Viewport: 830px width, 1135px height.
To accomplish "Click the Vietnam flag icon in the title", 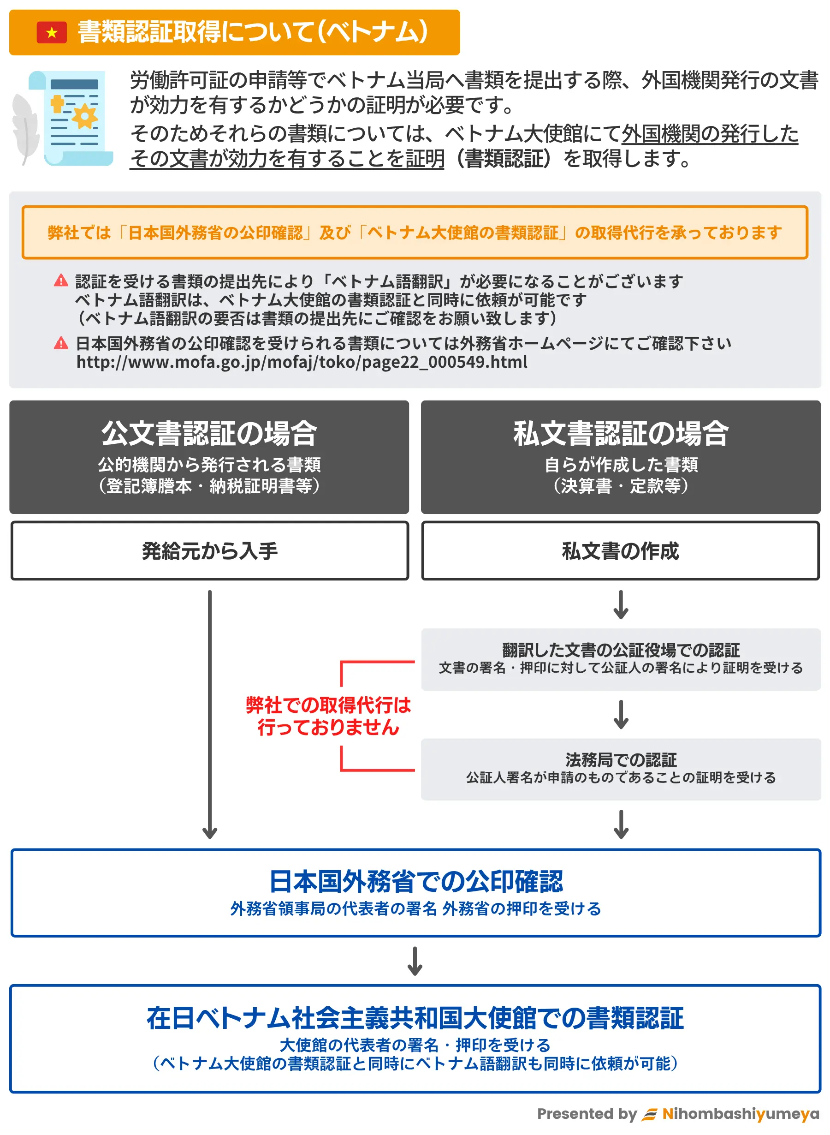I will (x=51, y=33).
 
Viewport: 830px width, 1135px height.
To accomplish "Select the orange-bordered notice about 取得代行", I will (x=415, y=232).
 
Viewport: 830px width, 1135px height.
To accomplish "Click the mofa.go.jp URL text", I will (x=302, y=362).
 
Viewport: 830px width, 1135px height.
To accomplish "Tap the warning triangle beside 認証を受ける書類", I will (x=61, y=281).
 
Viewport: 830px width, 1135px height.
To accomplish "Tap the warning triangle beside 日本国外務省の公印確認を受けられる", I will (x=61, y=343).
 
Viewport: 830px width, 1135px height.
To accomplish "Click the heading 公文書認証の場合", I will (x=209, y=433).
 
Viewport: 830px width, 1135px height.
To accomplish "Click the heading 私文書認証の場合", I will (x=621, y=433).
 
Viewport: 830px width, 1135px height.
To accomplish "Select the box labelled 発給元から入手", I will (x=209, y=551).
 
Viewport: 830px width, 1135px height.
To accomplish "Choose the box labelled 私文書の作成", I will (x=621, y=551).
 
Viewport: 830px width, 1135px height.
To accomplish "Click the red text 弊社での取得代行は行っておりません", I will (x=328, y=716).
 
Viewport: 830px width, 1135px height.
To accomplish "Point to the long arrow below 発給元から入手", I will (x=209, y=714).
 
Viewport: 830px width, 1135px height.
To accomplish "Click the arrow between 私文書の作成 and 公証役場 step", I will (x=621, y=605).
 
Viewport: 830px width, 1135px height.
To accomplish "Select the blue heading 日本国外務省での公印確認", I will (x=415, y=881).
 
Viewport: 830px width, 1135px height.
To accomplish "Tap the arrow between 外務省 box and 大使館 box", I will (x=415, y=961).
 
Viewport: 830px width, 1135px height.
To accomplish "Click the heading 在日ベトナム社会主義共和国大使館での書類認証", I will (x=415, y=1017).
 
